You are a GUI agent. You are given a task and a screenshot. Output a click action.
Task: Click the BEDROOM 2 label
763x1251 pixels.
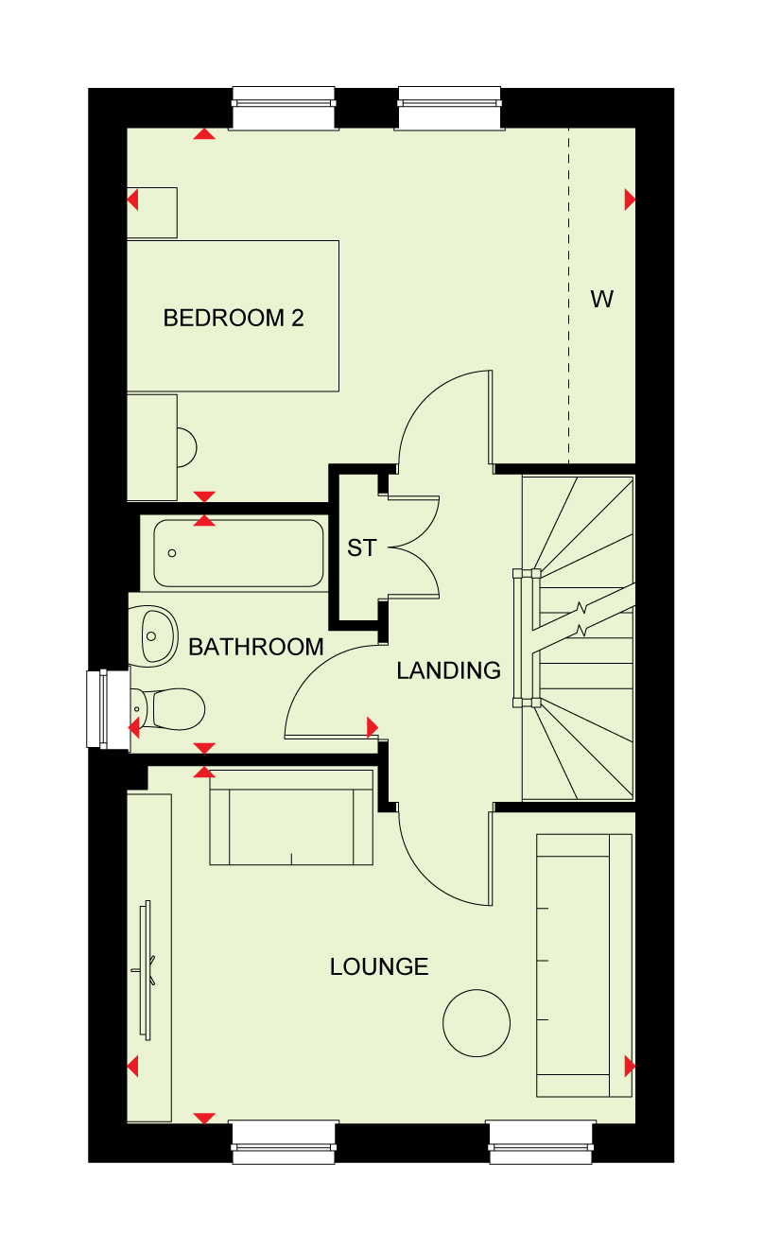(x=234, y=318)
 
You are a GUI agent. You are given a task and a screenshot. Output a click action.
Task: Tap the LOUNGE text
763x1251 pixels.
(x=379, y=966)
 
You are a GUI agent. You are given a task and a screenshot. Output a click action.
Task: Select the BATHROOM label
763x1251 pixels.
(x=256, y=648)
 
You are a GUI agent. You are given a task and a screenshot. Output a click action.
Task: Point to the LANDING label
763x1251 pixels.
(x=448, y=670)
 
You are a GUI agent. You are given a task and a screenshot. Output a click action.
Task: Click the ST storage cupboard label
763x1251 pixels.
(x=362, y=547)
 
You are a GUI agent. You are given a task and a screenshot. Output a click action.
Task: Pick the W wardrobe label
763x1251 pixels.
(x=602, y=300)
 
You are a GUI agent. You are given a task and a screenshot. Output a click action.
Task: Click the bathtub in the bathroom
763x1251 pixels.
(x=238, y=553)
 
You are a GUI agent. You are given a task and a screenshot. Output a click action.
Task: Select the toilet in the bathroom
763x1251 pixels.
(x=167, y=709)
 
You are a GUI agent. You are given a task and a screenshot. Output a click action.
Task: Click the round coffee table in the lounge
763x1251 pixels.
(x=477, y=1023)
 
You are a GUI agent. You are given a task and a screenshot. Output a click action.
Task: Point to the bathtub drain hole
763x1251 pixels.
(x=172, y=553)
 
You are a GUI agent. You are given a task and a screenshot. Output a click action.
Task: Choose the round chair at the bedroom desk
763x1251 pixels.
(x=187, y=447)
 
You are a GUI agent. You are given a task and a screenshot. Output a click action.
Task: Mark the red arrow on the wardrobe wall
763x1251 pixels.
(x=630, y=200)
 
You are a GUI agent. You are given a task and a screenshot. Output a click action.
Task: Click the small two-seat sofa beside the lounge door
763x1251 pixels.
(x=291, y=818)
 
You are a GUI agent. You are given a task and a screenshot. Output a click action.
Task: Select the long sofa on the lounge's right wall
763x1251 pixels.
(x=584, y=965)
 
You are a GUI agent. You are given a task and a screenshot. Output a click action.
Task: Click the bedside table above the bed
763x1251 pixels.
(x=152, y=213)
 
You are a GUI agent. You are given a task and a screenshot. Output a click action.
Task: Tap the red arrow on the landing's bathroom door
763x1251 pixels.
(x=373, y=727)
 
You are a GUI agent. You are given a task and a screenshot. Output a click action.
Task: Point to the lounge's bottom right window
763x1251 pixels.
(x=541, y=1142)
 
